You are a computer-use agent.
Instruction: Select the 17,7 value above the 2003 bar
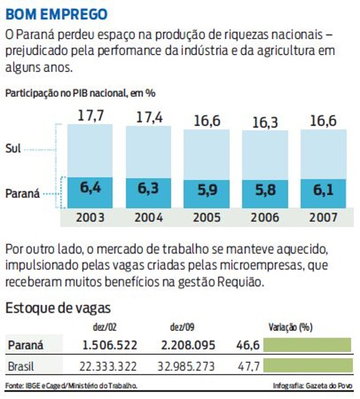(x=90, y=116)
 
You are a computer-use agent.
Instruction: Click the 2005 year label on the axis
(x=207, y=217)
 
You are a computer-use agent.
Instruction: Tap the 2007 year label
(x=323, y=217)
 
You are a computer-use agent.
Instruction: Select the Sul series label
(x=14, y=148)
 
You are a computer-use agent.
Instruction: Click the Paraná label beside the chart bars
(x=22, y=193)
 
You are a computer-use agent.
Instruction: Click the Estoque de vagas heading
(x=58, y=308)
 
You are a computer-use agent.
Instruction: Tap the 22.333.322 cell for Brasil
(x=102, y=366)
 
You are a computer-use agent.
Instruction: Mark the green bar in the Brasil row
(x=307, y=365)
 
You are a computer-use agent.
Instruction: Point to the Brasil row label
(x=21, y=366)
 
